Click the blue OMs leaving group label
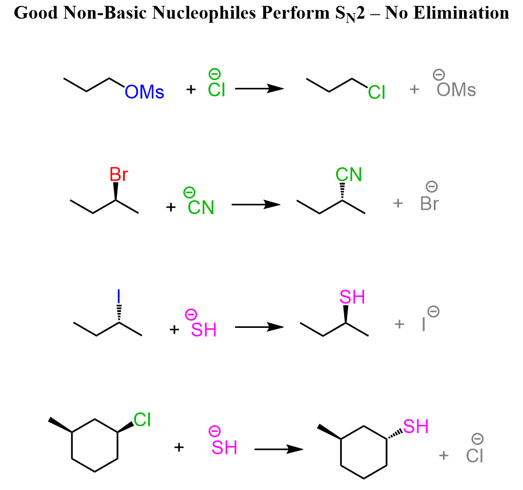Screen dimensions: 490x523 click(145, 92)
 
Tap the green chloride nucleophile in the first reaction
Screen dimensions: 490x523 click(216, 89)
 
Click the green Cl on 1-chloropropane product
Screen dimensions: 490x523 click(377, 92)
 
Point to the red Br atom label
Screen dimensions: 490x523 click(118, 175)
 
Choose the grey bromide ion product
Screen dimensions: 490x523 click(429, 204)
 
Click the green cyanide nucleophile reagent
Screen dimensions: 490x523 click(200, 207)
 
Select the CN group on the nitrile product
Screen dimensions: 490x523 click(349, 175)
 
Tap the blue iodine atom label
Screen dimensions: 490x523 click(119, 296)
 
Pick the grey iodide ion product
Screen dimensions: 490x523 click(424, 324)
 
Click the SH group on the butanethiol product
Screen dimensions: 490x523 click(352, 297)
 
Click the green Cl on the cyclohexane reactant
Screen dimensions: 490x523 click(142, 420)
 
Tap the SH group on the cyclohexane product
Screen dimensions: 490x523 click(415, 426)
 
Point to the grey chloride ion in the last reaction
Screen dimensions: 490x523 click(475, 455)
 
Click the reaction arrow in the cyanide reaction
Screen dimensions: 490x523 click(256, 205)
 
